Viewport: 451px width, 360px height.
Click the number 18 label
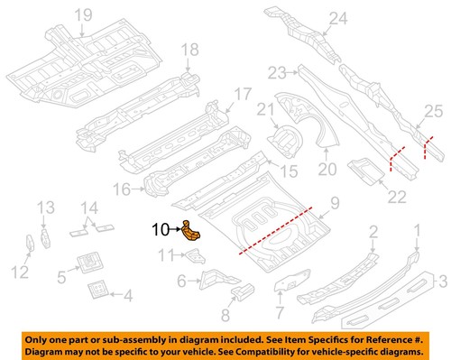[189, 50]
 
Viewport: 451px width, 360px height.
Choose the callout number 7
[280, 312]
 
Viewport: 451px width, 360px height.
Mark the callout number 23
[276, 72]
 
